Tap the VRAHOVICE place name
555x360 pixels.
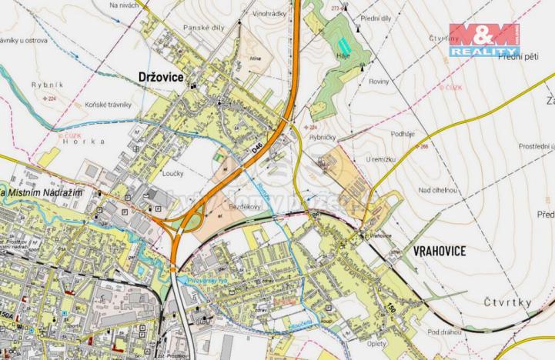click(x=440, y=250)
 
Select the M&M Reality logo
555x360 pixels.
click(x=484, y=40)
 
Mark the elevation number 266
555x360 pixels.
click(x=423, y=147)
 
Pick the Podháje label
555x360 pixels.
click(x=403, y=133)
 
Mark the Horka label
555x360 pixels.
click(x=83, y=142)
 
